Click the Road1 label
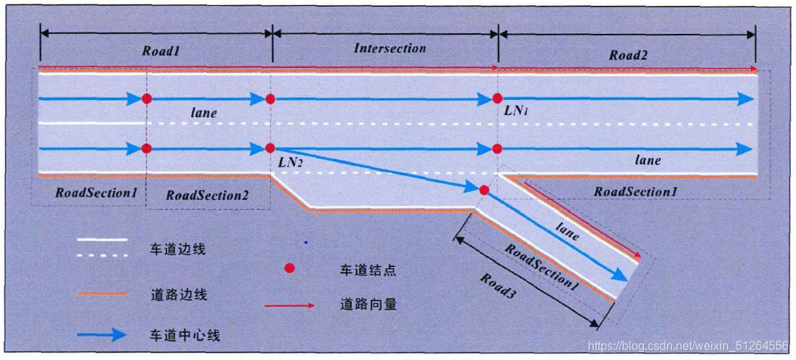click(x=160, y=52)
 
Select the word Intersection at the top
click(x=390, y=49)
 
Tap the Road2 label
click(x=628, y=55)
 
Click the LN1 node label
click(x=515, y=111)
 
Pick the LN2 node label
click(x=291, y=161)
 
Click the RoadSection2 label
click(x=207, y=195)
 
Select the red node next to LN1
click(x=497, y=99)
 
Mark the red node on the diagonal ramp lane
click(x=484, y=190)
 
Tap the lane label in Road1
click(x=203, y=113)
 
